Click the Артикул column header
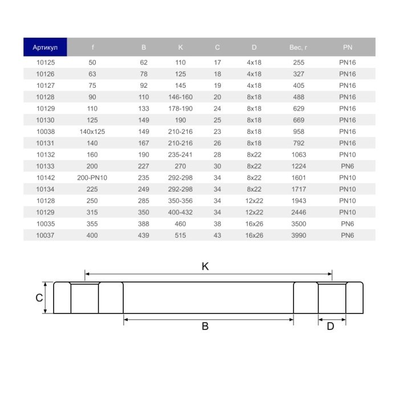[45, 47]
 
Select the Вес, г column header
[299, 47]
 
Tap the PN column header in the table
[348, 47]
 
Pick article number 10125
[45, 62]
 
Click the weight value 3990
[299, 235]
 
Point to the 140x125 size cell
[92, 132]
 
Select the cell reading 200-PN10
[92, 178]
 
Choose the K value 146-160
[181, 97]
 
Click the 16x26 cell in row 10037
[254, 235]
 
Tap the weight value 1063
[299, 154]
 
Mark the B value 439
[144, 235]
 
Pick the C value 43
[217, 235]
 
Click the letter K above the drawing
[205, 266]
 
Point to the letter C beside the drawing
[39, 298]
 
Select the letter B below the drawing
[205, 327]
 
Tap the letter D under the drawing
[330, 327]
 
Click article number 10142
[45, 178]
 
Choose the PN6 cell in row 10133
[348, 166]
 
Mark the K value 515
[181, 235]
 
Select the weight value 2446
[299, 213]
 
